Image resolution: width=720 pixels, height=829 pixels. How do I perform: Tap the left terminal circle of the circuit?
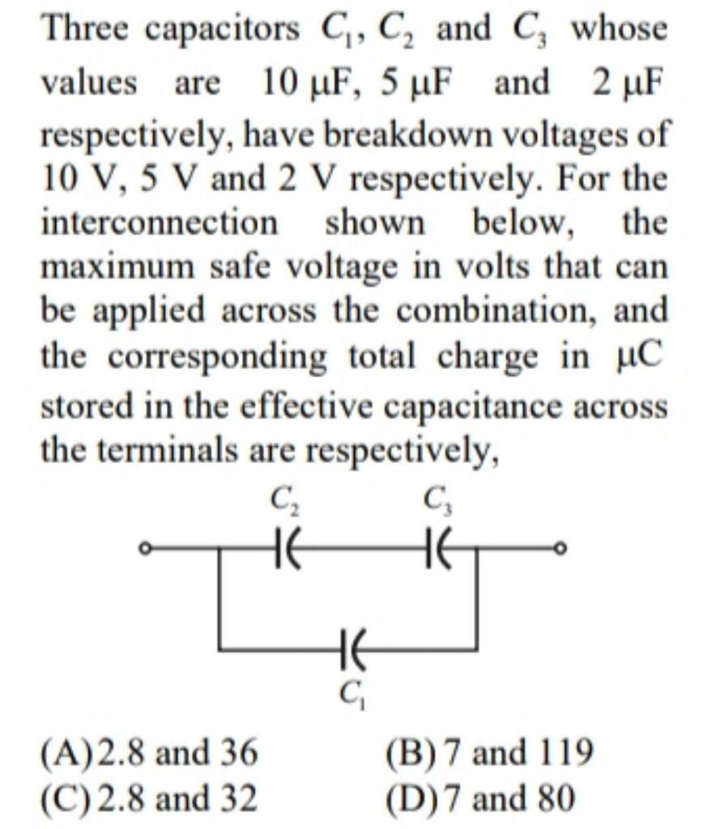pyautogui.click(x=143, y=551)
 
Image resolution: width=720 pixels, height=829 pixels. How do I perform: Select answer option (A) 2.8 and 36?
pyautogui.click(x=150, y=753)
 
